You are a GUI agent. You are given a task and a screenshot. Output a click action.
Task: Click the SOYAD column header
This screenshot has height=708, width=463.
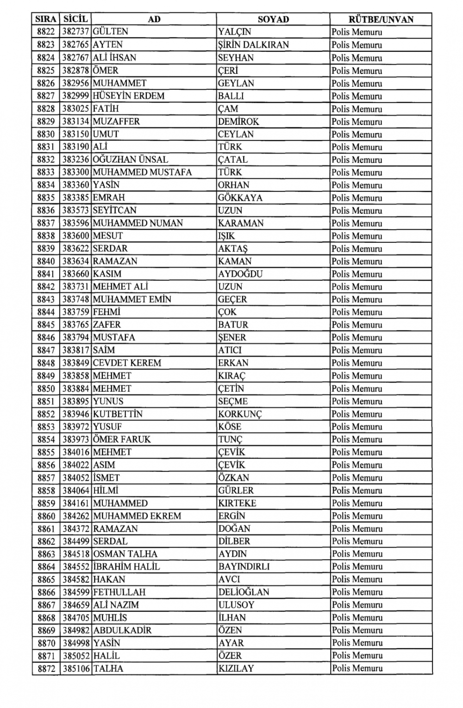click(273, 19)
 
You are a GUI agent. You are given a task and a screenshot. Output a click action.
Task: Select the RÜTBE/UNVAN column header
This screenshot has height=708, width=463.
click(381, 19)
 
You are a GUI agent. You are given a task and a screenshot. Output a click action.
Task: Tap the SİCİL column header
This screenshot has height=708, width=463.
click(75, 19)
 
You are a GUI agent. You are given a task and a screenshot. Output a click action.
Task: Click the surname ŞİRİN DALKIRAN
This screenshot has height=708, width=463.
click(253, 45)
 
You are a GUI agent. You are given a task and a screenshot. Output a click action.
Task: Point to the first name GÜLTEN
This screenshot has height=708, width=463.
click(110, 32)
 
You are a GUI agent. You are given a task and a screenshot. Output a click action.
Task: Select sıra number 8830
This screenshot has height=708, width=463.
click(46, 134)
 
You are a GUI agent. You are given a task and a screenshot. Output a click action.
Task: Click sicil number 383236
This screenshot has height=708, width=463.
click(76, 160)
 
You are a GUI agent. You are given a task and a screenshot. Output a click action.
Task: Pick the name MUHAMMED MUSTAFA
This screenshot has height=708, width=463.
click(142, 172)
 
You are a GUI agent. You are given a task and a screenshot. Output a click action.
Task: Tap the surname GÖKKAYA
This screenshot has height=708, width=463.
click(240, 197)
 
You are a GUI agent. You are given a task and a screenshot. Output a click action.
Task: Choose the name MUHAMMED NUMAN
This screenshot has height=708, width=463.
click(138, 223)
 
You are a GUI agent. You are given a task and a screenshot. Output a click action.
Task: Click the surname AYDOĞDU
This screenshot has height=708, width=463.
click(240, 274)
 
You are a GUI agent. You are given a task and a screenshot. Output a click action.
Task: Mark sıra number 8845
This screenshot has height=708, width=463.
click(46, 325)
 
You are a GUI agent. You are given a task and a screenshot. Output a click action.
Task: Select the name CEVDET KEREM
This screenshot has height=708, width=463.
click(127, 363)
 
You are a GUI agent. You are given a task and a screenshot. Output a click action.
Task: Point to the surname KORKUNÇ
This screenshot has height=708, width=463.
click(240, 414)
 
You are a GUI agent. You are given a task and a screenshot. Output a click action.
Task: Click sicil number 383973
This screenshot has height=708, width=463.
click(76, 439)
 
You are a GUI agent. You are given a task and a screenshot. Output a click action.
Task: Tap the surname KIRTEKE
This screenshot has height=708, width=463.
click(237, 503)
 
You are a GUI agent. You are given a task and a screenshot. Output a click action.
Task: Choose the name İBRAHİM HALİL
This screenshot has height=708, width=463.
click(126, 566)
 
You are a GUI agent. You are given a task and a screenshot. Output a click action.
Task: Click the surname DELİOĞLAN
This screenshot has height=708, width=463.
click(244, 592)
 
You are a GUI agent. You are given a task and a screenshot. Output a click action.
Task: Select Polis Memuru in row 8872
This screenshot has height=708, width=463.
click(357, 668)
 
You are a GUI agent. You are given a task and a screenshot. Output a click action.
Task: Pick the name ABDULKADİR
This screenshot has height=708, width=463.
click(122, 630)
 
